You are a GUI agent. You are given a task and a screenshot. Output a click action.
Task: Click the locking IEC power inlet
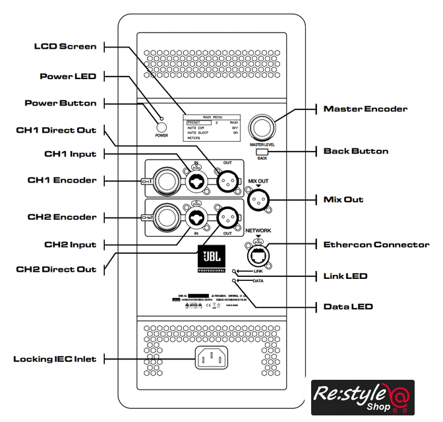(210, 359)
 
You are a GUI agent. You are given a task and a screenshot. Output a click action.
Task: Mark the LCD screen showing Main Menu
(212, 127)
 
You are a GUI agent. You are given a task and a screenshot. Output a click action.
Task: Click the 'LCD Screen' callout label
(65, 46)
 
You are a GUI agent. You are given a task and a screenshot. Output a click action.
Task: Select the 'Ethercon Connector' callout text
(376, 245)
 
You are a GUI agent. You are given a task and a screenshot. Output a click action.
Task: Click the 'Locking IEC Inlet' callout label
(55, 359)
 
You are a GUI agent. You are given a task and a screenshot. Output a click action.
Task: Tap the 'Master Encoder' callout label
(365, 109)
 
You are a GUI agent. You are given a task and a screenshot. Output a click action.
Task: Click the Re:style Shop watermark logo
(363, 398)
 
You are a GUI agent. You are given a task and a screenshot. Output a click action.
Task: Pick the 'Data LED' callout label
(348, 307)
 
